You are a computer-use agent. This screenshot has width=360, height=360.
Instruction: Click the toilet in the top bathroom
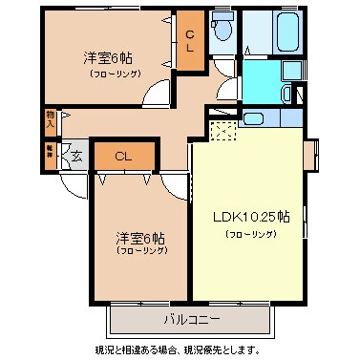pos(222,32)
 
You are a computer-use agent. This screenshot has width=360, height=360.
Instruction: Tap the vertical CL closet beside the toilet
pos(190,41)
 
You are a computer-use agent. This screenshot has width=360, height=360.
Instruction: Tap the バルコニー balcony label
pos(191,317)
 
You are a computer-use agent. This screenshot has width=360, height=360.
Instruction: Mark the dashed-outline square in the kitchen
pos(222,131)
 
